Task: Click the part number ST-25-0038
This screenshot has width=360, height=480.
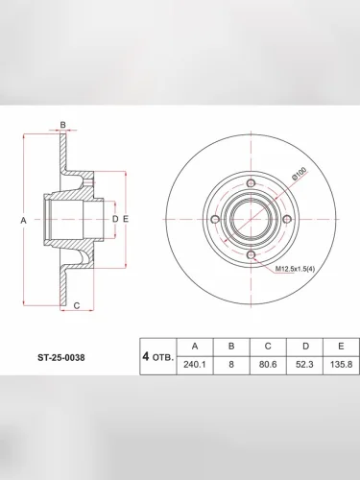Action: point(61,357)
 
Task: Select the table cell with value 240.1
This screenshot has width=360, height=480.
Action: point(195,365)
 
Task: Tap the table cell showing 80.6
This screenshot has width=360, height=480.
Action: point(268,365)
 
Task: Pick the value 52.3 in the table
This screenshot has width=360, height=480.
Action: point(304,365)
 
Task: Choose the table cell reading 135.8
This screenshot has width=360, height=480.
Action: point(342,365)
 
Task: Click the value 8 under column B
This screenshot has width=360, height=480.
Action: point(231,365)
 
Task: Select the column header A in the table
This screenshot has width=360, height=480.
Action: point(195,347)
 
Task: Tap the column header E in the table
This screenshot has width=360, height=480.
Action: point(342,347)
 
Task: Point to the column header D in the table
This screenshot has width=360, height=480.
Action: point(305,347)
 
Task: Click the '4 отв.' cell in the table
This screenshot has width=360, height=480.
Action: point(158,356)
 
